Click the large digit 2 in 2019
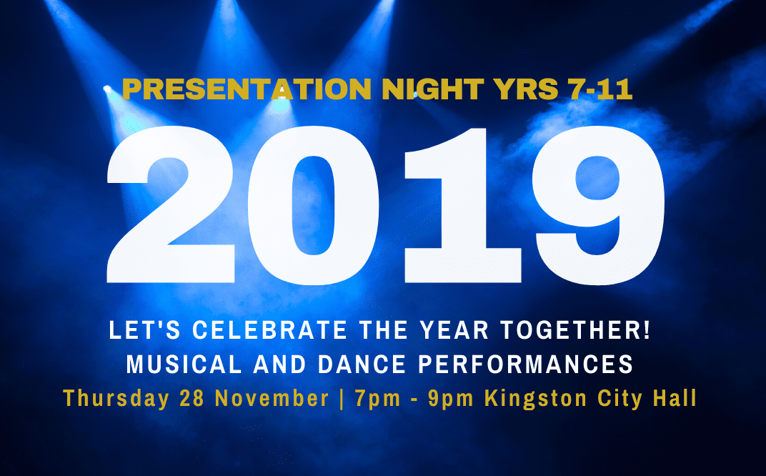click(171, 205)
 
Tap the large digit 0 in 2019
click(313, 205)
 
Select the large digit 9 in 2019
click(598, 205)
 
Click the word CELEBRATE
click(269, 330)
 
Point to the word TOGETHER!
click(575, 330)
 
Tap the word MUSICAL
click(184, 364)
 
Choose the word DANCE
click(362, 364)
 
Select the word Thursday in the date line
click(116, 398)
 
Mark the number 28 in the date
click(192, 398)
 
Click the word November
click(272, 398)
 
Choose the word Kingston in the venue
click(535, 399)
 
